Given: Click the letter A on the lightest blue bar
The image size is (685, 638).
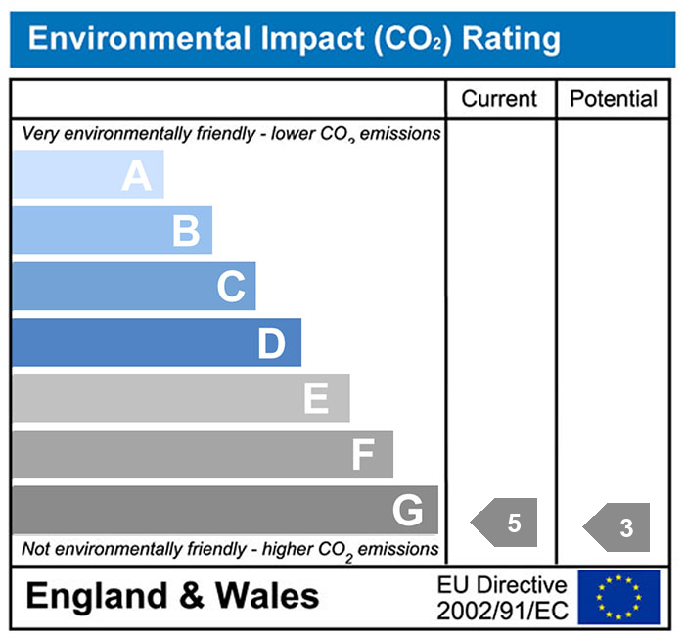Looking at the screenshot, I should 137,176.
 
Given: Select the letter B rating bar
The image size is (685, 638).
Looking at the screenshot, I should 113,232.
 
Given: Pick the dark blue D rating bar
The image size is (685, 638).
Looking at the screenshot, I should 157,343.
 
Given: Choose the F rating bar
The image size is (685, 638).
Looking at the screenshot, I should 203,455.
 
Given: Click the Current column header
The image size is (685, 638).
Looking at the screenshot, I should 499,99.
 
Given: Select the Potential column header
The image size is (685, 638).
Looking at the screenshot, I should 614,99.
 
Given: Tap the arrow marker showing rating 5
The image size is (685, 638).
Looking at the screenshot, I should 506,524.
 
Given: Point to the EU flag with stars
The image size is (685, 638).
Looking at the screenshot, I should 618,597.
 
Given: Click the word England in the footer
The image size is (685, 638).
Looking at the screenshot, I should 93,596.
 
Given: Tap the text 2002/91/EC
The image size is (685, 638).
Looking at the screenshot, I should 502,610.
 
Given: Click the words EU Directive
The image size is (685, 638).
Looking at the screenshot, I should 502,585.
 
